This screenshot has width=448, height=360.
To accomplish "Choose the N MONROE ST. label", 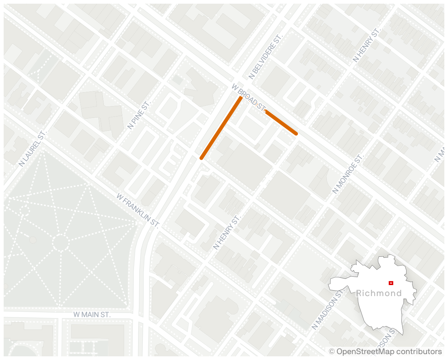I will coord(347,173).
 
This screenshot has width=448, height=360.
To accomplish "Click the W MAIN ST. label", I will coord(92,315).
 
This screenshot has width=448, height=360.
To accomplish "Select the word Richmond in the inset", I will coord(379,293).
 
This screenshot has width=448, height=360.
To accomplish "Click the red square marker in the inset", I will coord(391,283).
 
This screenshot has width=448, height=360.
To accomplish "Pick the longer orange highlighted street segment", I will coord(221,128).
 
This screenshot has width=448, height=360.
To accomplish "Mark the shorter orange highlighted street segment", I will coord(281,122).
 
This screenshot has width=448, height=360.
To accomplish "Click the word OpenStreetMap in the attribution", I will coord(360,352).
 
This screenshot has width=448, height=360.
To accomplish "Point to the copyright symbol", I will coord(332,352).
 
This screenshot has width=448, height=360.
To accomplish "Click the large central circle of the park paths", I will coord(61,242).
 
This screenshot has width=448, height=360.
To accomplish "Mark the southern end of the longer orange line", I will coord(201,158).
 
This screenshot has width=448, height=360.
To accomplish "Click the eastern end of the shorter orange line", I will coord(296,134).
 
